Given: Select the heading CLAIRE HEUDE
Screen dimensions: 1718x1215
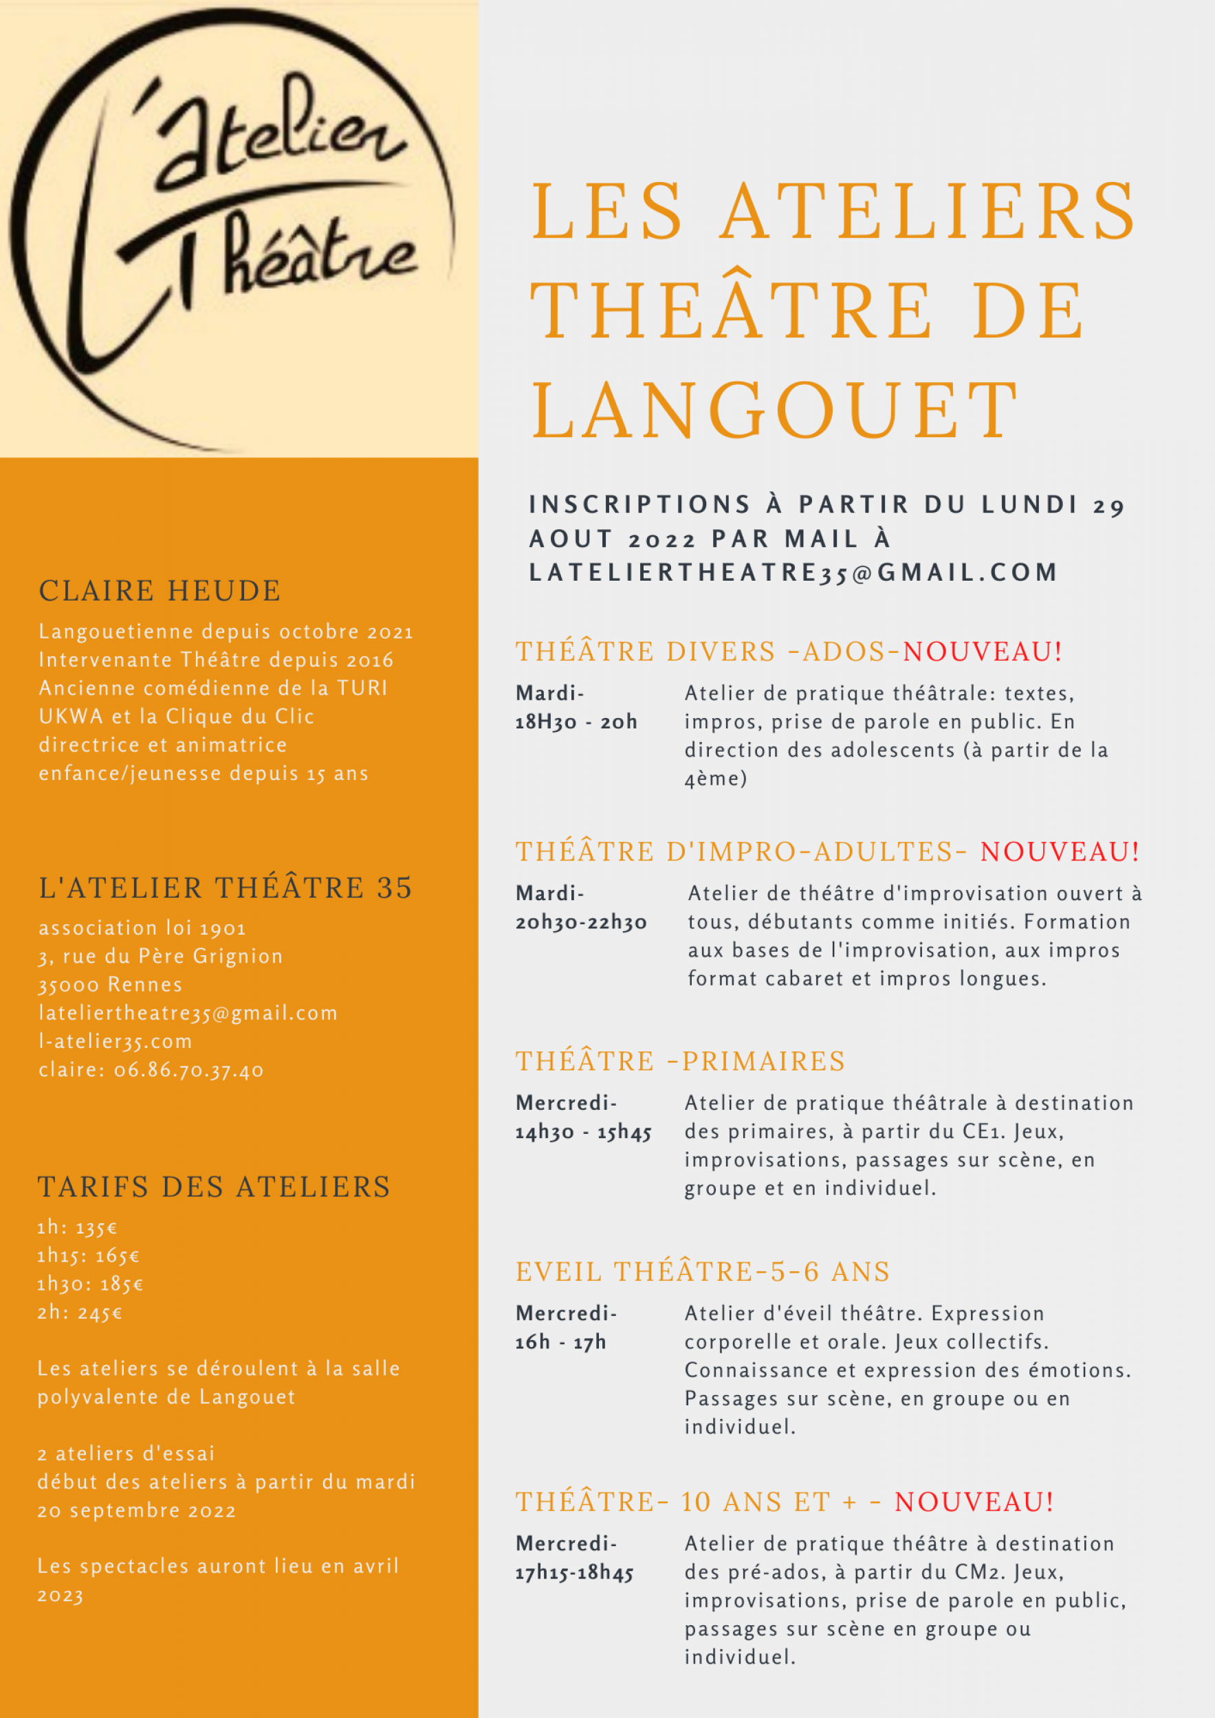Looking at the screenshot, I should point(160,591).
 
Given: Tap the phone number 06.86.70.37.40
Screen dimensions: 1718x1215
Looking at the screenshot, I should point(188,1070).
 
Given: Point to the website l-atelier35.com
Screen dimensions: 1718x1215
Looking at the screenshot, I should point(116,1042).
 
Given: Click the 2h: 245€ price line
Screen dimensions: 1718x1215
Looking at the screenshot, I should point(80,1313).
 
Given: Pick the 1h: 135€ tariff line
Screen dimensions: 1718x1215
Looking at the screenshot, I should point(77,1227).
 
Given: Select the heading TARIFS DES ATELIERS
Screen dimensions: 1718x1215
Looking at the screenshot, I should point(214,1187).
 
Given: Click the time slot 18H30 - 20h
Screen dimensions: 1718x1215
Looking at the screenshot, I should point(576,722).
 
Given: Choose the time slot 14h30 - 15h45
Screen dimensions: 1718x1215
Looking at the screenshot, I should point(583,1132).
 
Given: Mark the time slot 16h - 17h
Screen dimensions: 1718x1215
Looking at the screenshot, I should point(560,1342).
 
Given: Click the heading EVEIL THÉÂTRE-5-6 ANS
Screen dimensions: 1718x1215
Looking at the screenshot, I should point(702,1272).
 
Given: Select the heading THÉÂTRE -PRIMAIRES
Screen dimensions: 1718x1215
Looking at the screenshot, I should point(680,1062).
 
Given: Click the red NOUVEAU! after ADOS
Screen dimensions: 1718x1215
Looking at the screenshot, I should point(982,651).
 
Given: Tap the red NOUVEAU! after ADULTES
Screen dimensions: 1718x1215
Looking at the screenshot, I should point(1060,851).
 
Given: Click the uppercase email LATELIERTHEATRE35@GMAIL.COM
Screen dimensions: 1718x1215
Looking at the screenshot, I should point(793,573).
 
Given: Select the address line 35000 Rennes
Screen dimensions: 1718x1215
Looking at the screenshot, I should point(111,985).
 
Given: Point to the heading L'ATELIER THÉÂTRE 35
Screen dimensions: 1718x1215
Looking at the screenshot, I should point(226,888).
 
